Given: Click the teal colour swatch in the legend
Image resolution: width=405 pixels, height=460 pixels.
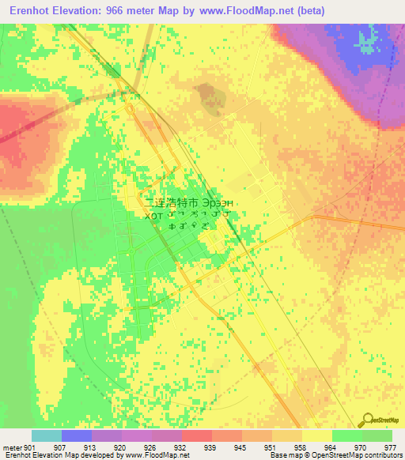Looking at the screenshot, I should coord(47,435).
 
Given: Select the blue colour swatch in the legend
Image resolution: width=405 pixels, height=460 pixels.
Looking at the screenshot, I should coord(77,435).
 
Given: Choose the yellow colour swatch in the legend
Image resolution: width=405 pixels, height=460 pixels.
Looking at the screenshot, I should coord(316,435).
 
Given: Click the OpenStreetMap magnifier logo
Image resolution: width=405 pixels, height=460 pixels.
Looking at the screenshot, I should coord(365,420).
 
